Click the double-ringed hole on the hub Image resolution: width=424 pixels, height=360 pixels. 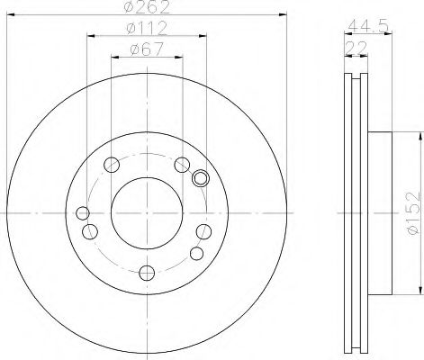click(x=201, y=177)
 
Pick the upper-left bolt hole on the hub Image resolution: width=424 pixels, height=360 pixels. click(x=111, y=165)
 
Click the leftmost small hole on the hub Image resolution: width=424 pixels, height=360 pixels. click(x=83, y=213)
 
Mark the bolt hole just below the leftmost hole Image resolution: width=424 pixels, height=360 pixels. click(x=89, y=231)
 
